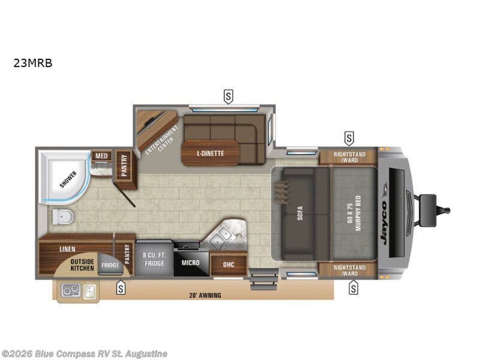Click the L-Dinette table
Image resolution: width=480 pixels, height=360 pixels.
point(210,153)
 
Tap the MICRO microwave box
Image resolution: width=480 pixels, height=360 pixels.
point(191,262)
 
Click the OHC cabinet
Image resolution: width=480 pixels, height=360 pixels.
point(229,264)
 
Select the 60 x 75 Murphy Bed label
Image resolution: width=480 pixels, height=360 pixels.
point(355,214)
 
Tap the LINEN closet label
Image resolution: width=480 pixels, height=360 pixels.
point(67,248)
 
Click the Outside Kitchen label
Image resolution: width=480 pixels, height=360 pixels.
point(82,265)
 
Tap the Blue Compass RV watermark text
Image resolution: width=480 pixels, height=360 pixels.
point(84,354)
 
